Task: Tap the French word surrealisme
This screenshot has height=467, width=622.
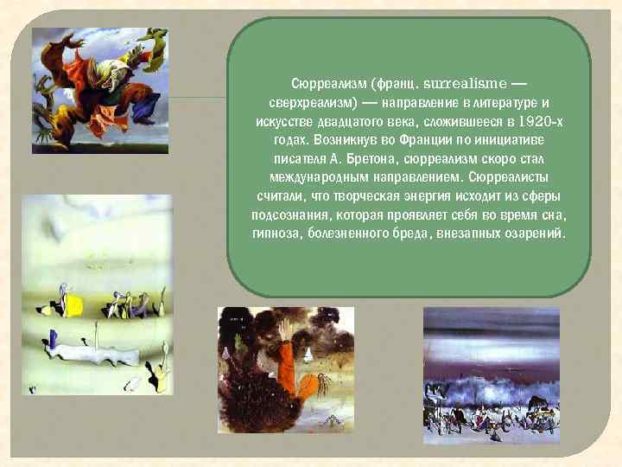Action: (x=462, y=85)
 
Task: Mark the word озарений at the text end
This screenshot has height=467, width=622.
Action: (x=534, y=234)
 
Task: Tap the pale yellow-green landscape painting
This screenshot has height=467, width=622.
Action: (x=97, y=294)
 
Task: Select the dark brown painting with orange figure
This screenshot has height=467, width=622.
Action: (x=286, y=369)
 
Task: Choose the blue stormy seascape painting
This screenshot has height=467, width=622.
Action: (x=492, y=370)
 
